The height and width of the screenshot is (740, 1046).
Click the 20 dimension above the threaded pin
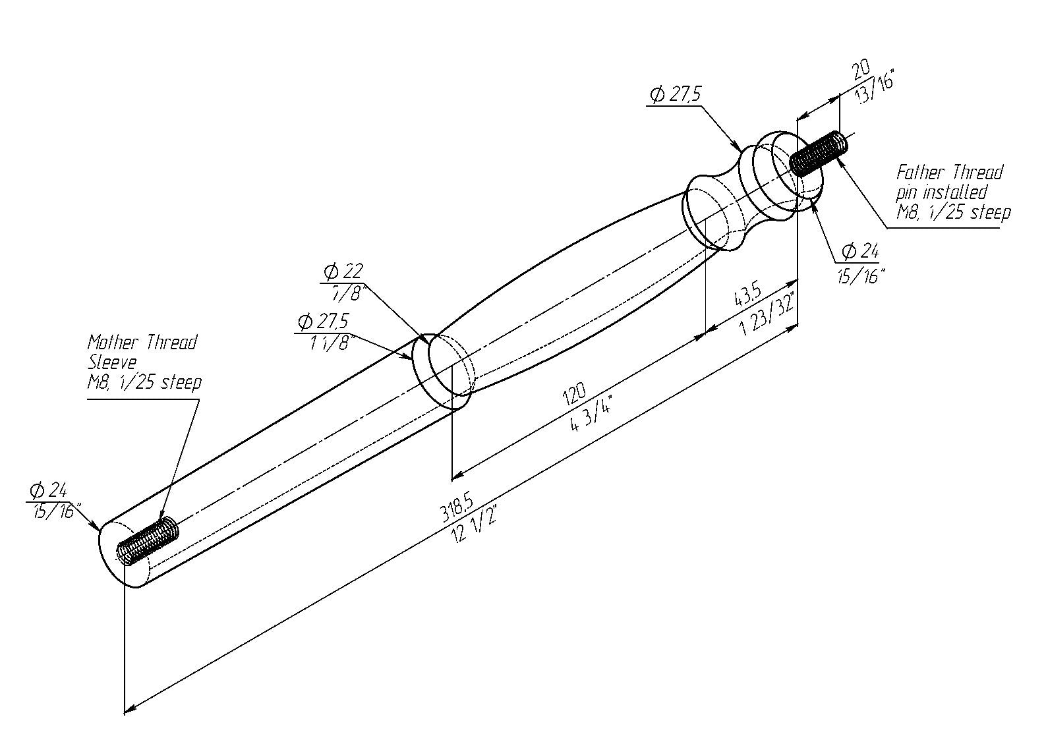coord(860,70)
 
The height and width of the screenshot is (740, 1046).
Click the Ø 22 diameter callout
coord(343,271)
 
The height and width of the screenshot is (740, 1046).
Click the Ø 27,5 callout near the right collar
coord(675,95)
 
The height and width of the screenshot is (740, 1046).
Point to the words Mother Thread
coord(142,343)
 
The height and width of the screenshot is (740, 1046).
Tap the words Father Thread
coord(949,173)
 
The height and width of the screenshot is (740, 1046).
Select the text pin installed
coord(941,192)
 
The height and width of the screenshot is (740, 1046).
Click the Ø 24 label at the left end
coord(47,490)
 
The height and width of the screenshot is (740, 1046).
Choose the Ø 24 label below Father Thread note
coord(861,251)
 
